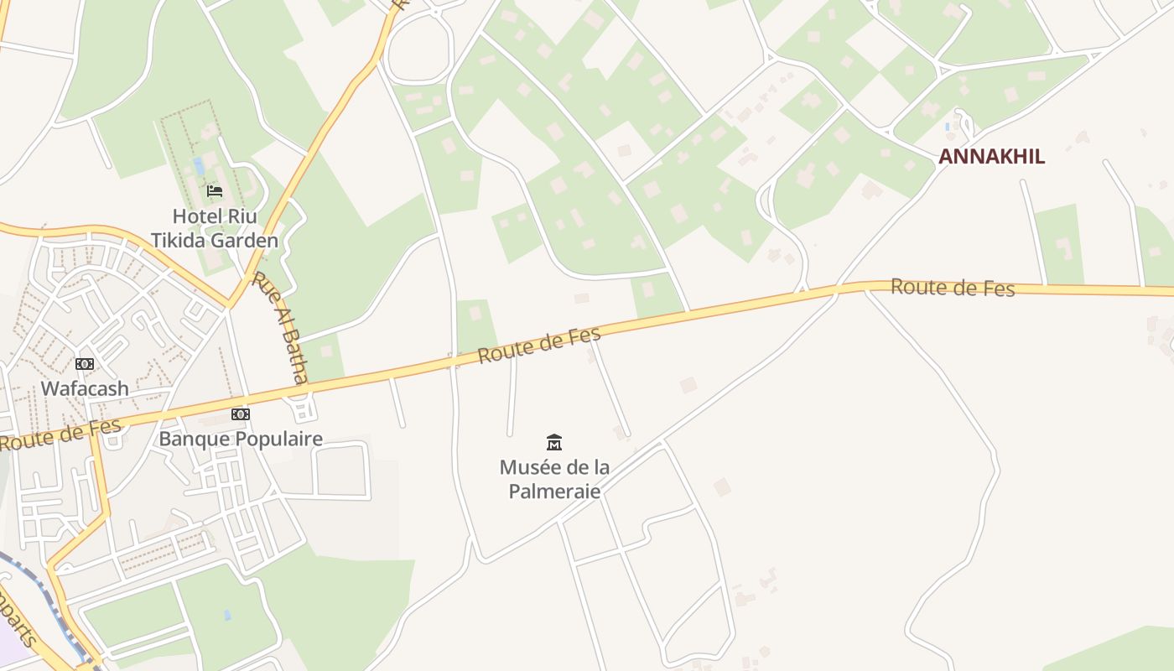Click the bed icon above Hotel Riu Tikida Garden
pyautogui.click(x=215, y=191)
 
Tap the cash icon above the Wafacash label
pyautogui.click(x=85, y=364)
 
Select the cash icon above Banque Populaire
pyautogui.click(x=241, y=414)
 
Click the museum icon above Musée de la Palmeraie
pyautogui.click(x=554, y=443)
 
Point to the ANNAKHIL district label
pyautogui.click(x=991, y=157)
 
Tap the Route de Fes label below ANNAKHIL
pyautogui.click(x=953, y=288)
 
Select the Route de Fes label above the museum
pyautogui.click(x=539, y=345)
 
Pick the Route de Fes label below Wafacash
pyautogui.click(x=60, y=434)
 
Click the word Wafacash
pyautogui.click(x=85, y=388)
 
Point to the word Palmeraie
pyautogui.click(x=554, y=491)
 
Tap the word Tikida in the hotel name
pyautogui.click(x=180, y=241)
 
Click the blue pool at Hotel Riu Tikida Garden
pyautogui.click(x=199, y=165)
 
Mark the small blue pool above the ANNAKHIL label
pyautogui.click(x=948, y=127)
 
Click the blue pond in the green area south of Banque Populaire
pyautogui.click(x=227, y=615)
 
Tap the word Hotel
pyautogui.click(x=198, y=216)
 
